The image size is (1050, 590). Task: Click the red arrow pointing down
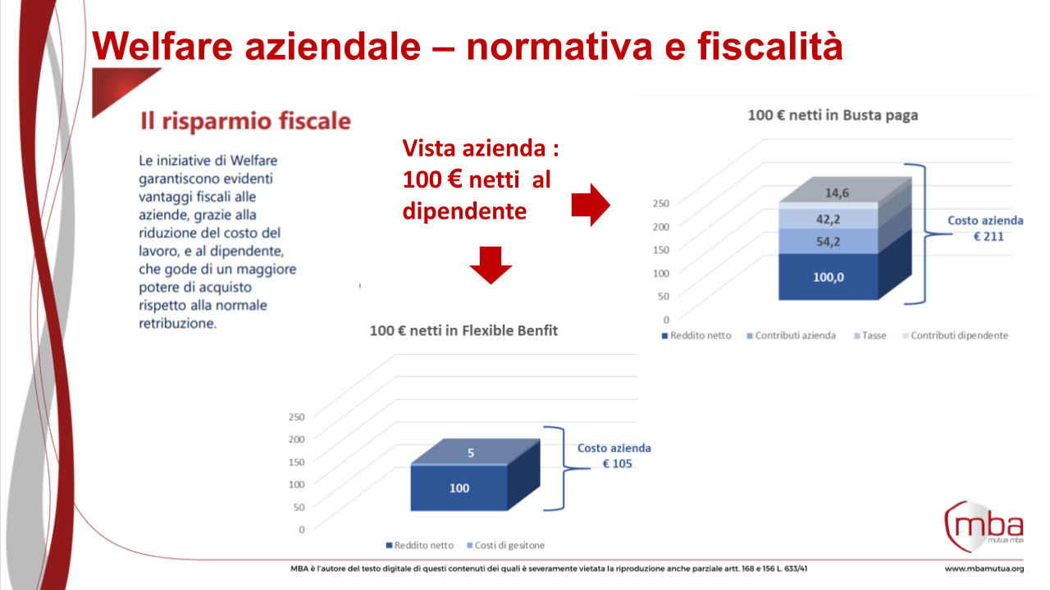coord(491,264)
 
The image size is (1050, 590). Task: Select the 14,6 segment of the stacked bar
coord(828,193)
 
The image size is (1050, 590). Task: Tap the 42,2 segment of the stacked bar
coord(828,219)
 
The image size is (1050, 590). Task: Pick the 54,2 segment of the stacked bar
coord(828,243)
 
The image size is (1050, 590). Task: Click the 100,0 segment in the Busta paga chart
coord(828,277)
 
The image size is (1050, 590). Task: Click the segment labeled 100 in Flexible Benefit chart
coord(459,488)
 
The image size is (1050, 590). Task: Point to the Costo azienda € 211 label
coord(985,229)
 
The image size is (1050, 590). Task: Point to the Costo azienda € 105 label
coord(614,456)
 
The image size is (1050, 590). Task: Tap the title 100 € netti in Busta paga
coord(833,116)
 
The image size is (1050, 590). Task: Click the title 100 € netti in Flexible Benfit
coord(463,331)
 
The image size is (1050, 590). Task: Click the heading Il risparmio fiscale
coord(245,122)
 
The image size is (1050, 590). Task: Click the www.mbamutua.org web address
coord(984,569)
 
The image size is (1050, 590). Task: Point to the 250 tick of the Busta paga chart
coord(660,202)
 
